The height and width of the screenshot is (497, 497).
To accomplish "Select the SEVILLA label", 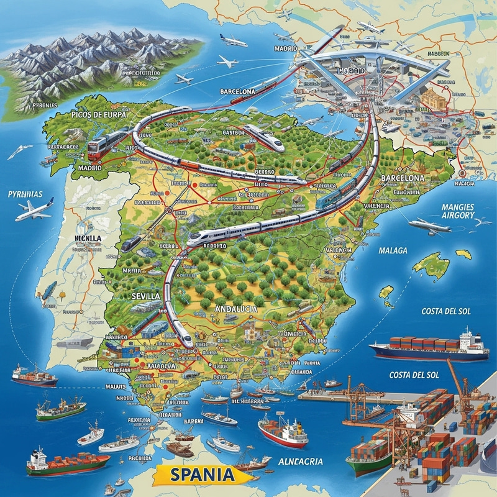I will [x=147, y=297].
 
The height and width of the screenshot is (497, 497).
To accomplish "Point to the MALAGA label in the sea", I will [x=392, y=250].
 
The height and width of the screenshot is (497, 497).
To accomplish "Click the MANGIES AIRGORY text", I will [x=449, y=211].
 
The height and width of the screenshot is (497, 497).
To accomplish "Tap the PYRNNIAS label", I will [x=25, y=194].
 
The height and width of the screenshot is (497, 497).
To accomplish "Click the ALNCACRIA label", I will [x=301, y=461].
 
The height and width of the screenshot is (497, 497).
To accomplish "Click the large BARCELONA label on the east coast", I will [x=403, y=178].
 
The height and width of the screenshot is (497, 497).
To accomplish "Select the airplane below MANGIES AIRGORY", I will [x=429, y=225].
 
